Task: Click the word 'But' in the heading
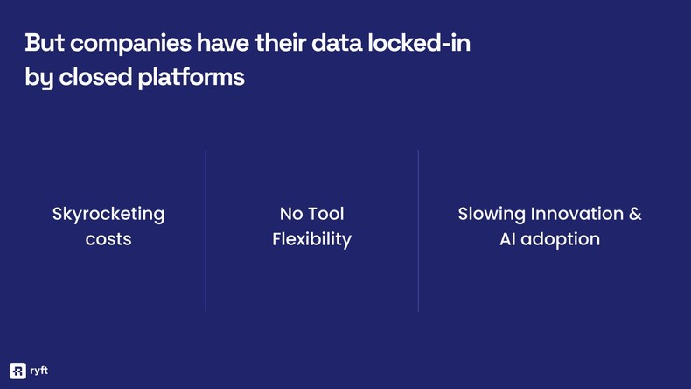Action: [x=43, y=43]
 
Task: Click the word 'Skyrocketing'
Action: [x=108, y=214]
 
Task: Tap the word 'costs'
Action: [x=108, y=239]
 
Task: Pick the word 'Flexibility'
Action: [x=311, y=239]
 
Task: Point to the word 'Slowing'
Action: [x=492, y=214]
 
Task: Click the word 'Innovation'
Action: [x=577, y=214]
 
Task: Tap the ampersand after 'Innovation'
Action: [x=636, y=214]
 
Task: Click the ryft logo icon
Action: [x=17, y=370]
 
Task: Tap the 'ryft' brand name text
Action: [x=38, y=370]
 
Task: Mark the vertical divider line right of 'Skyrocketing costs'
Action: [x=206, y=230]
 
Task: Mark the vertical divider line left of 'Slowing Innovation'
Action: [x=418, y=230]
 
